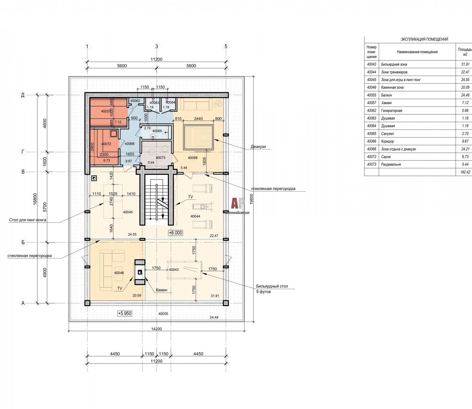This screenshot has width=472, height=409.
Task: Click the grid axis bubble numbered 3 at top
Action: tap(157, 46)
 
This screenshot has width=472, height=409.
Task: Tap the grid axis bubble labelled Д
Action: tap(23, 95)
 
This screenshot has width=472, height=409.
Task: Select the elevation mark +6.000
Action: tap(175, 233)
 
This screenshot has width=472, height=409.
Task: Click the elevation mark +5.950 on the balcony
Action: tap(125, 313)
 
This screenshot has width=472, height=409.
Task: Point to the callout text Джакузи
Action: tap(258, 147)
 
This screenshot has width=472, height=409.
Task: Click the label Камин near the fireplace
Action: tap(161, 290)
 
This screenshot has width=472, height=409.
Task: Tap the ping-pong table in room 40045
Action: tap(113, 201)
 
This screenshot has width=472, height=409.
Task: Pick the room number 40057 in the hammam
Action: tap(106, 111)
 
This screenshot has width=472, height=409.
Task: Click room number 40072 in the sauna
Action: tap(106, 144)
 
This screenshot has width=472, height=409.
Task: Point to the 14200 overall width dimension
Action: tap(156, 329)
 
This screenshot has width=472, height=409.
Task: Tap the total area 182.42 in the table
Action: tap(465, 172)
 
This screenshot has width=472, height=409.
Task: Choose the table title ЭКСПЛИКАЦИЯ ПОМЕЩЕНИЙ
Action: tap(424, 39)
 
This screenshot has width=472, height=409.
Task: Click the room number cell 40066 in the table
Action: tap(372, 141)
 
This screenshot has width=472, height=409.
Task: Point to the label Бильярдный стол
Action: tap(272, 286)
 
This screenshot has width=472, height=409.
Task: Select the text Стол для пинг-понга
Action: tap(28, 220)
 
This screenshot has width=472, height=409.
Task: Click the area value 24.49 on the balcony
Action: tap(214, 317)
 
